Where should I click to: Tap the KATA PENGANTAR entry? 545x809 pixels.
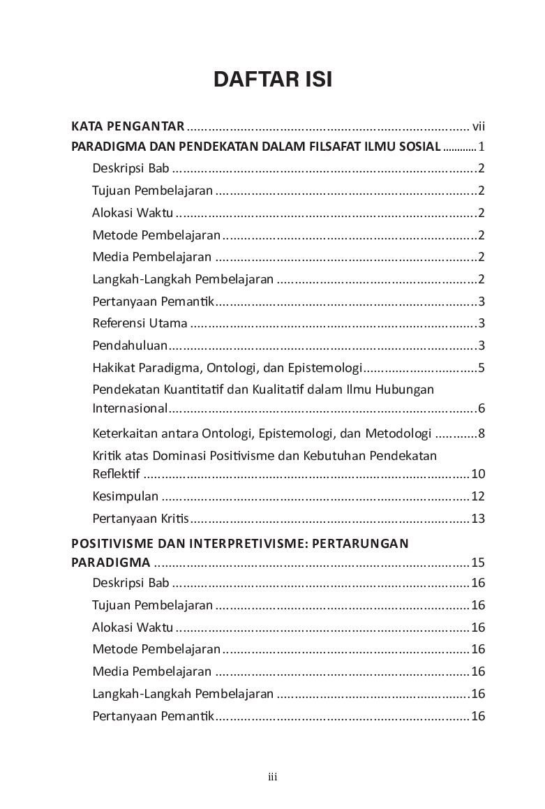(128, 126)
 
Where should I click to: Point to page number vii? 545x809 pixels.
(478, 126)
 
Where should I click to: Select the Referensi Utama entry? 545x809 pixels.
(140, 323)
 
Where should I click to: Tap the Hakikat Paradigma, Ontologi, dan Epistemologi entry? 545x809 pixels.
(227, 368)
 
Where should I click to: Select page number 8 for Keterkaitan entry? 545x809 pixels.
(481, 433)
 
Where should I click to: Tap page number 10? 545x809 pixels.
(478, 475)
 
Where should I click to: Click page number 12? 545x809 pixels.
(478, 497)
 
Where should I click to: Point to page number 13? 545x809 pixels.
(478, 519)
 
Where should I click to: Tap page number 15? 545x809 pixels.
(478, 563)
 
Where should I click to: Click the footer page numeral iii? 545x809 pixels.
(273, 777)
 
